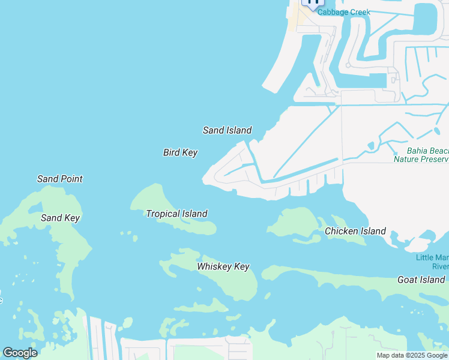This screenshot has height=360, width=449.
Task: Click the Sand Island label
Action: pos(227,130)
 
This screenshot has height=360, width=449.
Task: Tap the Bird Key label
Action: pos(180,153)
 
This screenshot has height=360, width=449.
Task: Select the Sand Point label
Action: pos(59,179)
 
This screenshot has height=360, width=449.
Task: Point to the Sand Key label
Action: pos(60,218)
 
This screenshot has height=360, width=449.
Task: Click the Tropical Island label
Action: pos(176,214)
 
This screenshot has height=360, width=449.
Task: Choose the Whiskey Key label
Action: pos(223,266)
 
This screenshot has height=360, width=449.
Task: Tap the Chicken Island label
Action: pos(355,231)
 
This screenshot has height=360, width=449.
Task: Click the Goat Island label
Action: pos(421,280)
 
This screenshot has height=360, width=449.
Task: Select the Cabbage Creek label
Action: pos(344,12)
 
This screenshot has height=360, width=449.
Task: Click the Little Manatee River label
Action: pos(432,262)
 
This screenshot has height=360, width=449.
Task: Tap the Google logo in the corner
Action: pos(20,353)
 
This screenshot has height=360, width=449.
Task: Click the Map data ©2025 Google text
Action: pos(412,355)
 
